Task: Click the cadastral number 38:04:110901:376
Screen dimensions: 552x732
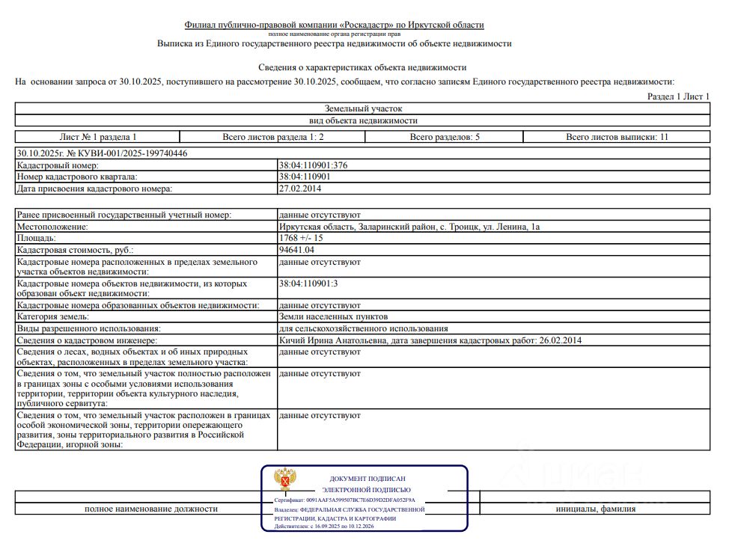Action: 314,165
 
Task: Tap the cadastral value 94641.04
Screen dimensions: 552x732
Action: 296,251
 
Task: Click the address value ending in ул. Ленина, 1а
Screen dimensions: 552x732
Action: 409,227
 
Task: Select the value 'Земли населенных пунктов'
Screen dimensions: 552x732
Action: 333,317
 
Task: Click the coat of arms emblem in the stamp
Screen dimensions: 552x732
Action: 285,479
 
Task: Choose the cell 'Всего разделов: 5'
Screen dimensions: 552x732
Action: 445,137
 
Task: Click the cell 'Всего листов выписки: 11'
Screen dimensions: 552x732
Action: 617,137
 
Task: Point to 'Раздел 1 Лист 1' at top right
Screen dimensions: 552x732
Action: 678,97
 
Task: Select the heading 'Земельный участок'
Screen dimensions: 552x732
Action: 363,108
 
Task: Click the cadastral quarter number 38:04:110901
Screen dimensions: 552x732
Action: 305,177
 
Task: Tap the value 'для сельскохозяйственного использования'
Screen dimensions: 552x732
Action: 363,329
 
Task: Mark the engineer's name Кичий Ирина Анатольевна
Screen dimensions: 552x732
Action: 332,341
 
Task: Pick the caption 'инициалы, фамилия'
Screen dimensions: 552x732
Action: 596,509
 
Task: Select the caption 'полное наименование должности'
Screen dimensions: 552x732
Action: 151,509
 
